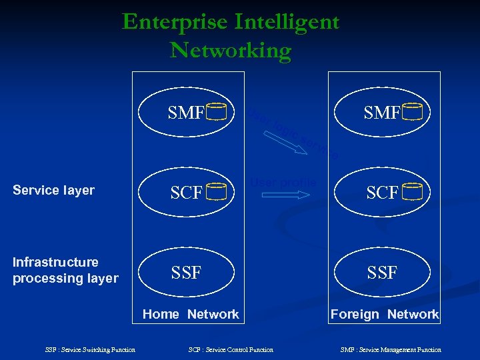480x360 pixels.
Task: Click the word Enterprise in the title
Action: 175,22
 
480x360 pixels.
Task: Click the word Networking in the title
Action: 230,51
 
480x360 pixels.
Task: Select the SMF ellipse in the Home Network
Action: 187,113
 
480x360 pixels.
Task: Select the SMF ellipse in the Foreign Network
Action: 382,113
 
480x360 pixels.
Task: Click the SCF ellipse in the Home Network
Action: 187,193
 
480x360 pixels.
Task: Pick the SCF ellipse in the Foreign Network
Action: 382,193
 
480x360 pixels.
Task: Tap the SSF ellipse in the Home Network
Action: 187,272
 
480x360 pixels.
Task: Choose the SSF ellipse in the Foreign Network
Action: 382,272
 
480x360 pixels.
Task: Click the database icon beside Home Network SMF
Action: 217,112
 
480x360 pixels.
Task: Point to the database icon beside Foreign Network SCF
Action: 413,192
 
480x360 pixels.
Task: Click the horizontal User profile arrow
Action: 285,195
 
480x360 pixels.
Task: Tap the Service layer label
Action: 54,190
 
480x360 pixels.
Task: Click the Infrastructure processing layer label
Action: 65,270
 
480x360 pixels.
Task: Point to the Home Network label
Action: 191,314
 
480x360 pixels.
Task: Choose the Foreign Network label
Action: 385,314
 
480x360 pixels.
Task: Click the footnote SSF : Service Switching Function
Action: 90,349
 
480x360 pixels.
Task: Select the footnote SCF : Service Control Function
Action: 231,349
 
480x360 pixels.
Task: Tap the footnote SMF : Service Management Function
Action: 391,349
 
